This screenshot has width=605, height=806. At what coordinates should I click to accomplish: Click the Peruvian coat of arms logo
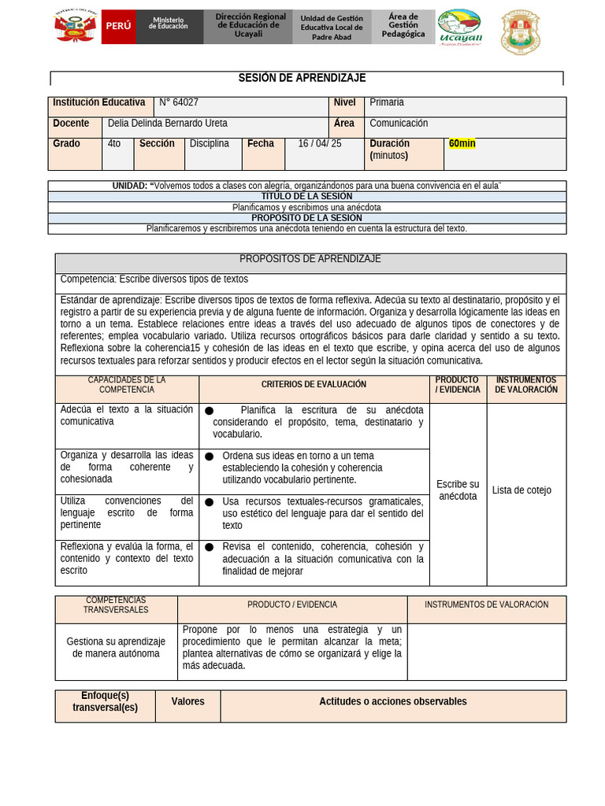(75, 27)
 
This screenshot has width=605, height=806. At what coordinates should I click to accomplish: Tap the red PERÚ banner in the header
(118, 26)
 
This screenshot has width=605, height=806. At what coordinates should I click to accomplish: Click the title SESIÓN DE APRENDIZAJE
(302, 78)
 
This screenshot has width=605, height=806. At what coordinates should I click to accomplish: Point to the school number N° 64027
(179, 102)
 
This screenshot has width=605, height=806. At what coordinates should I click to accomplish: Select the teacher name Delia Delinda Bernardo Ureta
(167, 124)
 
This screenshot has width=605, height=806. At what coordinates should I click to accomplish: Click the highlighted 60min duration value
(462, 144)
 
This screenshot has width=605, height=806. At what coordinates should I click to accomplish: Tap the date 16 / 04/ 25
(320, 144)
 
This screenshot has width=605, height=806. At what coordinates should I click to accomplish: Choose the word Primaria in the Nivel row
(387, 102)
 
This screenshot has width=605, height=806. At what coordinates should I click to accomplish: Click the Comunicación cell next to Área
(399, 124)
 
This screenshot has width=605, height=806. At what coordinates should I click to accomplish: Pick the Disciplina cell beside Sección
(210, 144)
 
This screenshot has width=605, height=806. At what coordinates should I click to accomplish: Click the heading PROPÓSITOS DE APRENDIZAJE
(310, 259)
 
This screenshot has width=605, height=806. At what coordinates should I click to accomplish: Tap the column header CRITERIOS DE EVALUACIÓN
(314, 385)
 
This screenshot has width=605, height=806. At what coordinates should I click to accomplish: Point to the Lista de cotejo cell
(521, 490)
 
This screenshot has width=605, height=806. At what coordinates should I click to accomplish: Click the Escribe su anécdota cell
(458, 490)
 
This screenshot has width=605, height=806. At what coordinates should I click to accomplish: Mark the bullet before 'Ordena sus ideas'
(210, 457)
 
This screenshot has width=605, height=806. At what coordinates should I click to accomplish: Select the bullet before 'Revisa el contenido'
(210, 547)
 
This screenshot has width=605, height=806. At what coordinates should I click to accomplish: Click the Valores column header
(187, 702)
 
